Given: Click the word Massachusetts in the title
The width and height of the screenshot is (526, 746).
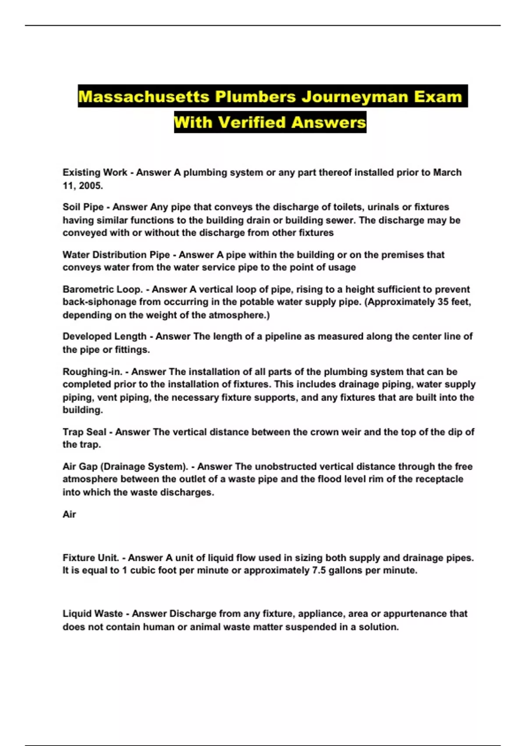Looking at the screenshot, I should click(143, 97).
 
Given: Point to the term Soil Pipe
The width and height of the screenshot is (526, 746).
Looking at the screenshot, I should click(83, 207).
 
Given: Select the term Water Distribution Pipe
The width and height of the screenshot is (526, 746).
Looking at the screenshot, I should click(116, 255).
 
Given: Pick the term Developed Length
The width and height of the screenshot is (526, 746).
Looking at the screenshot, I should click(104, 337).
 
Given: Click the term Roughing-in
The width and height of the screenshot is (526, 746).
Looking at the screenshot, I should click(92, 372).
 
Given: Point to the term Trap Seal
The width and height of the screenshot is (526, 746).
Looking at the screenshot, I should click(84, 432).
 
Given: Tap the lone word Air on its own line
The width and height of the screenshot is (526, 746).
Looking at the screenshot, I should click(69, 514).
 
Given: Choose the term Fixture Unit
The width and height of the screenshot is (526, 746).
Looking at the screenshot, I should click(91, 558).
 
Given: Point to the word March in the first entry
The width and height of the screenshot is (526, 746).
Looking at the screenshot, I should click(447, 172).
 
